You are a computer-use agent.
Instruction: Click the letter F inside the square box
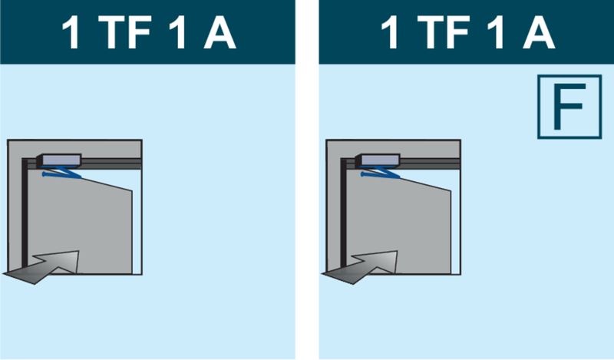point(569,106)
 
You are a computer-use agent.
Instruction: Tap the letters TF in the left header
point(124,32)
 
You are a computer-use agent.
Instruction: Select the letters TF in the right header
point(444,32)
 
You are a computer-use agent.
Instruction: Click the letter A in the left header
point(220,32)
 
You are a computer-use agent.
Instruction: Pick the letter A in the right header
point(539,32)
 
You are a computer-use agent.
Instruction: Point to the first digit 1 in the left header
point(71,32)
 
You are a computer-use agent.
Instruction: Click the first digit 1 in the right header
point(391,32)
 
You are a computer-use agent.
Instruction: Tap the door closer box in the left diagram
point(59,160)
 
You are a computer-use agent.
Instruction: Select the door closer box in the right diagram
point(378,160)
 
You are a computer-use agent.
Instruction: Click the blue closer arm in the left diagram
point(62,173)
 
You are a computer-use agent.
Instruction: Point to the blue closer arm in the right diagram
point(381,173)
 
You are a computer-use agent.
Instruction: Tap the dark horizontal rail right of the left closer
point(111,163)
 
